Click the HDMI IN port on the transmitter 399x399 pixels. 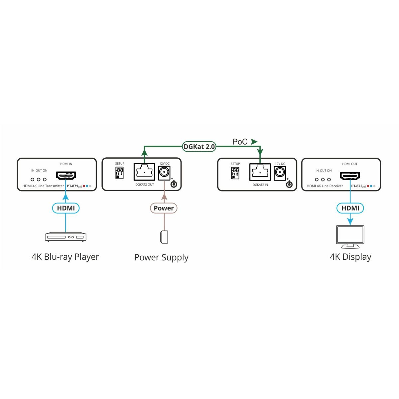click(x=66, y=175)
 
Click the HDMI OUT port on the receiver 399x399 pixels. click(x=350, y=175)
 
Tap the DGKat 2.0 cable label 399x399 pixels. click(x=199, y=147)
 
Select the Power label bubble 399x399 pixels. click(x=164, y=208)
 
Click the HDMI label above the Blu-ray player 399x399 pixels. click(x=66, y=208)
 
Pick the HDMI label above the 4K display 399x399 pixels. click(x=350, y=208)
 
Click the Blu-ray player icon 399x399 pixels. click(x=66, y=237)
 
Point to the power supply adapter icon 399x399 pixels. click(x=164, y=237)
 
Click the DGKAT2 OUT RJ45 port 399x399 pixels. click(x=144, y=172)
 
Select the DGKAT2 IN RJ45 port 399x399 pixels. click(x=260, y=172)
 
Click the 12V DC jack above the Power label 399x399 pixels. click(x=164, y=173)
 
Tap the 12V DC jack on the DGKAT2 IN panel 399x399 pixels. click(x=280, y=173)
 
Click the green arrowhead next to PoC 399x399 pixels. click(x=254, y=142)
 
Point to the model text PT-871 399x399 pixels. click(x=72, y=186)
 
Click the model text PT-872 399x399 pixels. click(x=356, y=186)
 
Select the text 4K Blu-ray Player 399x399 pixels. click(x=65, y=257)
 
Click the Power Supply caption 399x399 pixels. click(x=161, y=257)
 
